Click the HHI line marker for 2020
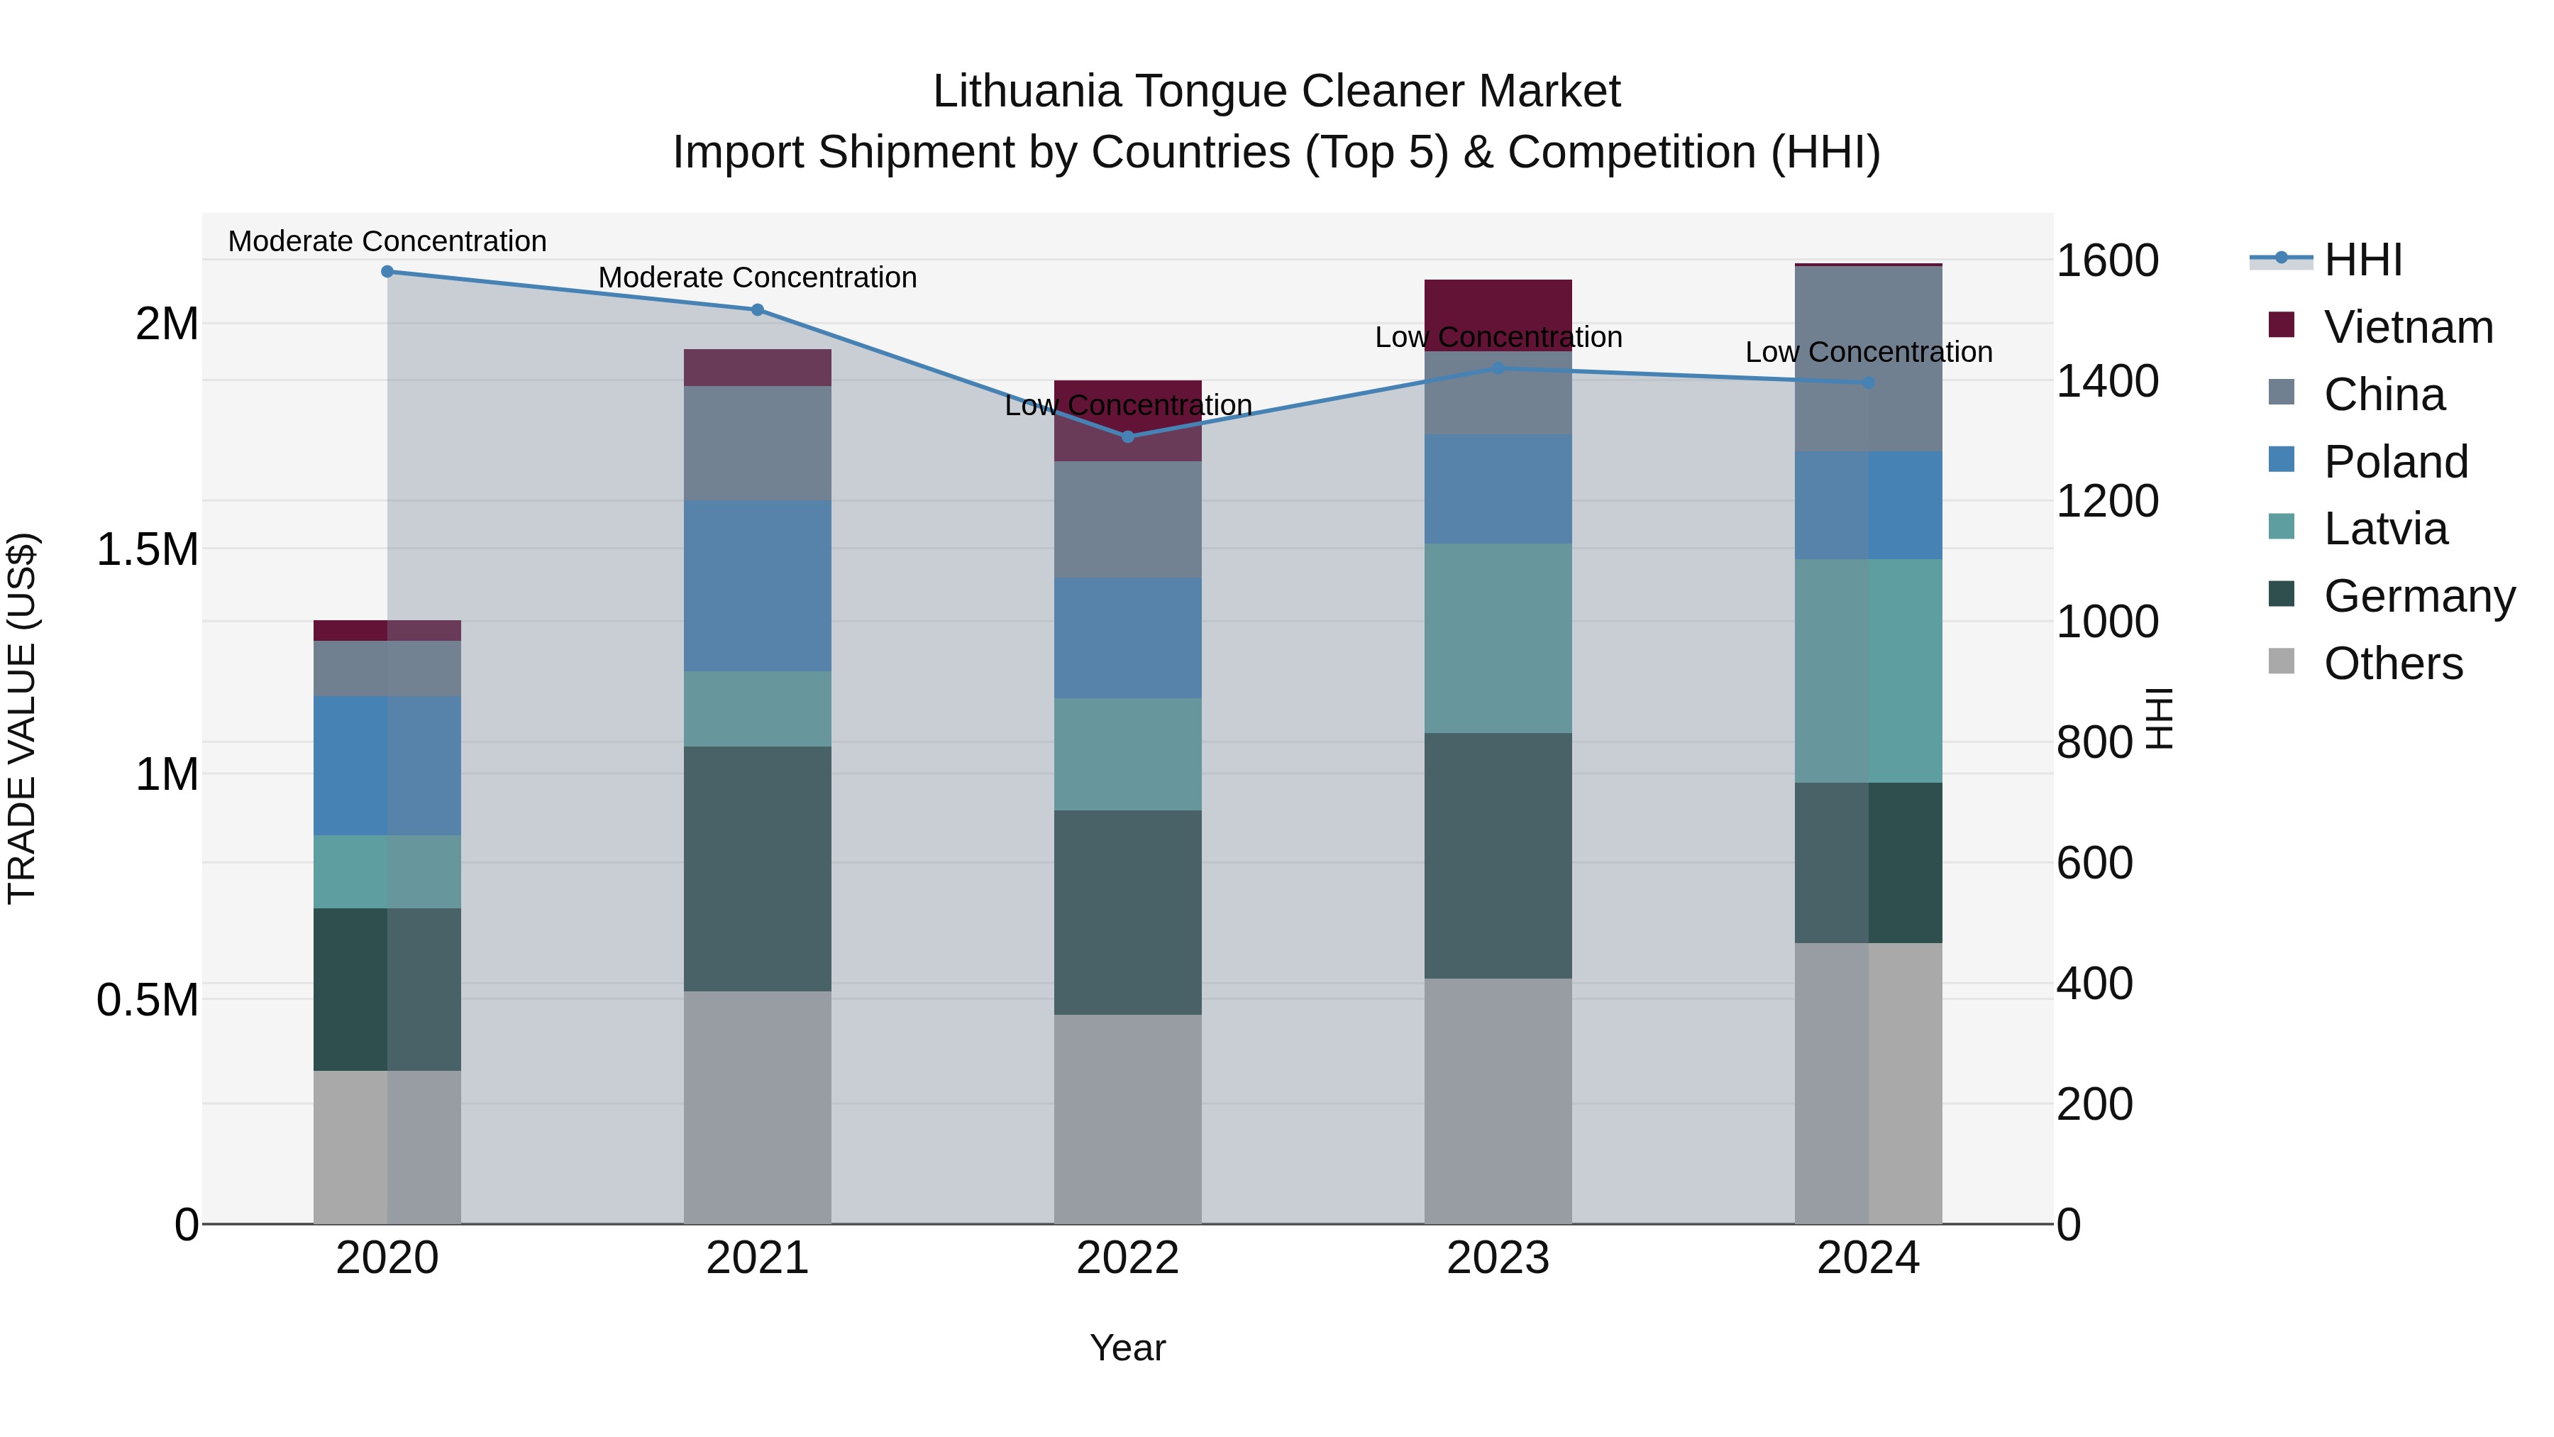click(387, 272)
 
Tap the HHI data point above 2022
click(1127, 436)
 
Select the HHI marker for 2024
click(1869, 382)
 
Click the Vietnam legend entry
click(2407, 327)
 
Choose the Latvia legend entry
click(2384, 529)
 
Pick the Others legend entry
click(2392, 664)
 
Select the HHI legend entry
click(2362, 260)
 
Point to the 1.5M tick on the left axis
click(148, 549)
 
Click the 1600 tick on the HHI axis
click(2107, 261)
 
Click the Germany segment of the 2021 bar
click(758, 869)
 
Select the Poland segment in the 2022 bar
click(1127, 638)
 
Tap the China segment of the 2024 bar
click(1869, 359)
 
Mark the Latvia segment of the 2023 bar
click(1498, 638)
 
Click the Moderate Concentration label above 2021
click(758, 277)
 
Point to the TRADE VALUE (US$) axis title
click(23, 718)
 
